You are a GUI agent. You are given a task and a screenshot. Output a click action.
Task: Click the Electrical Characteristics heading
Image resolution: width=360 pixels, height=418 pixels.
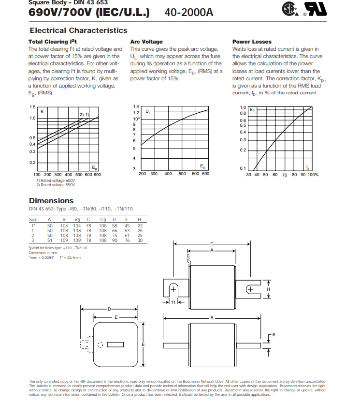pyautogui.click(x=78, y=30)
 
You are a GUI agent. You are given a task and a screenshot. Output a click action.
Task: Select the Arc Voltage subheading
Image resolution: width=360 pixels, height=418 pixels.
pyautogui.click(x=146, y=42)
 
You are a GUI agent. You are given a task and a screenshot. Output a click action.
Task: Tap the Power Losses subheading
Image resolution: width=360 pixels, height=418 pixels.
pyautogui.click(x=252, y=42)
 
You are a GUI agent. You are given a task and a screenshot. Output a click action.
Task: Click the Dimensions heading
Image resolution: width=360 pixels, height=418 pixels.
pyautogui.click(x=51, y=200)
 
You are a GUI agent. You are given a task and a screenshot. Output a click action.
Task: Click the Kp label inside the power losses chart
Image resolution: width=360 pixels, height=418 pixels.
pyautogui.click(x=252, y=110)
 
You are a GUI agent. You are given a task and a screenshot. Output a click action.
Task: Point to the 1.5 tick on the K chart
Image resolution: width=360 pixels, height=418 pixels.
pyautogui.click(x=32, y=107)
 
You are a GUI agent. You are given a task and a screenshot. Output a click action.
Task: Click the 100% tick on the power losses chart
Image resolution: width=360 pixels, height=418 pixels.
pyautogui.click(x=313, y=174)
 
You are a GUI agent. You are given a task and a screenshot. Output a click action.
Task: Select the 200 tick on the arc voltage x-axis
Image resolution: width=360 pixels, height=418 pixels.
pyautogui.click(x=143, y=174)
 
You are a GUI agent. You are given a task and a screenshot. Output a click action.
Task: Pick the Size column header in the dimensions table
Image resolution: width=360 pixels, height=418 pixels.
pyautogui.click(x=33, y=220)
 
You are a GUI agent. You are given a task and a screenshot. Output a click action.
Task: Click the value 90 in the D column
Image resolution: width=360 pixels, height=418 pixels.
pyautogui.click(x=115, y=240)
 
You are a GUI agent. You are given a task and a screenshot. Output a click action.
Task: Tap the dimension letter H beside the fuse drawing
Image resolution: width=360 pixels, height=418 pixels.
pyautogui.click(x=269, y=289)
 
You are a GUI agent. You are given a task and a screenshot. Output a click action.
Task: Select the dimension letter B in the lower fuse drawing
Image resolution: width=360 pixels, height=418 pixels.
pyautogui.click(x=212, y=318)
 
